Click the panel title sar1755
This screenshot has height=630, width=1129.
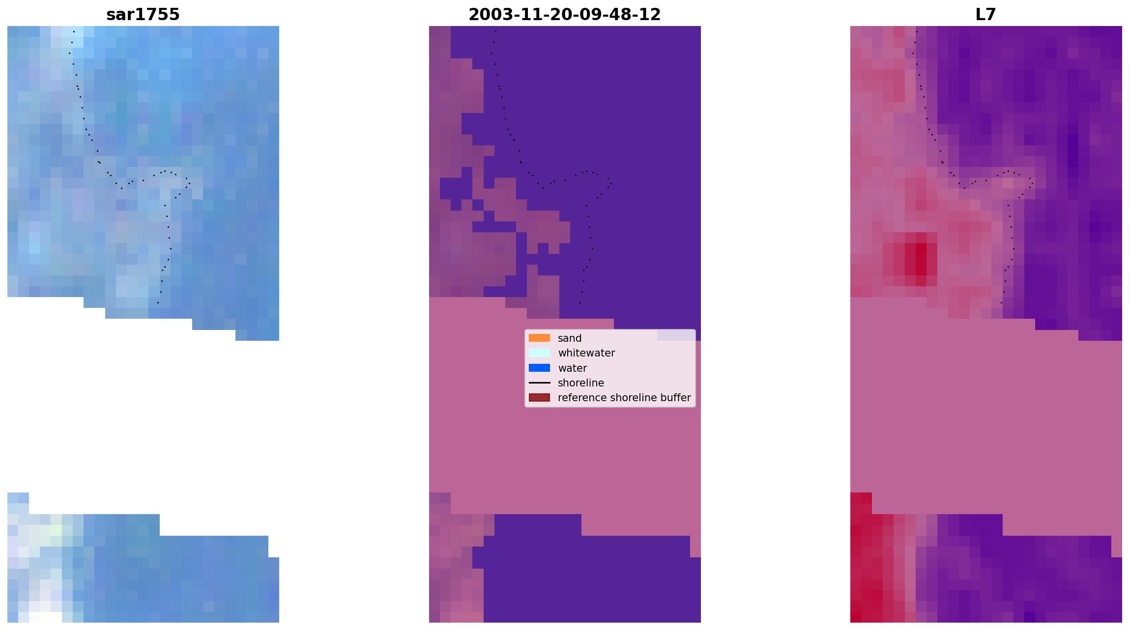(x=143, y=15)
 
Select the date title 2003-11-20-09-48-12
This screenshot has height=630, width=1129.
(x=564, y=15)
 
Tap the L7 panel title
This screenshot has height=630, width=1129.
(x=985, y=15)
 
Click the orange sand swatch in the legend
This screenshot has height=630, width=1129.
(x=539, y=338)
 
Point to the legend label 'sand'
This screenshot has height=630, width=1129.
(x=570, y=338)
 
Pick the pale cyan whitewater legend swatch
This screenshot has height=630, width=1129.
(x=539, y=353)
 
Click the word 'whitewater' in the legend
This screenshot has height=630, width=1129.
(x=586, y=353)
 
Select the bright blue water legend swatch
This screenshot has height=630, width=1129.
(x=539, y=368)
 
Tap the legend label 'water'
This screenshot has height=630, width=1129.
(x=572, y=368)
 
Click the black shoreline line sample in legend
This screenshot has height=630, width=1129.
(x=539, y=383)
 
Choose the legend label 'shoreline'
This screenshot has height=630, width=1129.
(x=580, y=383)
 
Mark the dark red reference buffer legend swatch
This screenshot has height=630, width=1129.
(x=539, y=397)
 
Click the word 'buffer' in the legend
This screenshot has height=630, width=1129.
(x=675, y=398)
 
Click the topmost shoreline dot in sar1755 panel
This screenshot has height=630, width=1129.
(x=74, y=31)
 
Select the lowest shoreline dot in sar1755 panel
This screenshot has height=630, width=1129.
(x=158, y=302)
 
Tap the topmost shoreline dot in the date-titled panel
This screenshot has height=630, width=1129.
(x=495, y=31)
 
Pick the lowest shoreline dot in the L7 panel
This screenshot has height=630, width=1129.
(x=1001, y=302)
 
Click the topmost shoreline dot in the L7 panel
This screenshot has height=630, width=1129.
(x=917, y=31)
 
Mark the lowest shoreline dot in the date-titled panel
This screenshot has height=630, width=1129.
(x=579, y=302)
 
